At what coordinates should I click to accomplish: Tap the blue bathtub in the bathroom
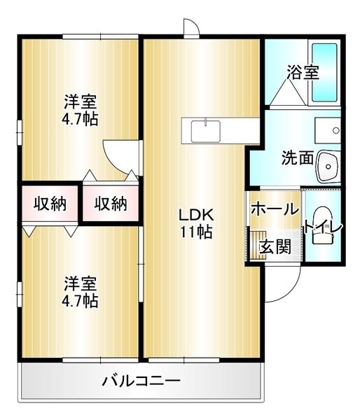click(324, 73)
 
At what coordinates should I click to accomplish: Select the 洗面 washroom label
click(297, 157)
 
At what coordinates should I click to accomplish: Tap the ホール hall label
click(274, 209)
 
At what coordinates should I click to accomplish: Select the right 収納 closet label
click(110, 204)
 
